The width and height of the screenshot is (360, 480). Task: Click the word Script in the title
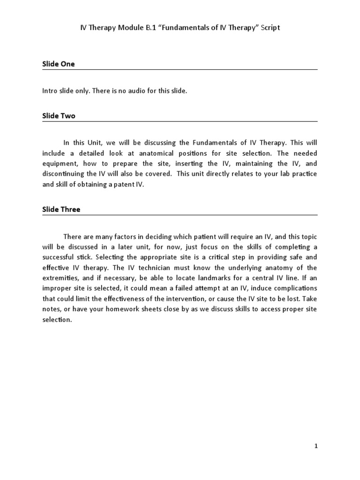pyautogui.click(x=271, y=28)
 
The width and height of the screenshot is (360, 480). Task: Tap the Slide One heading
pyautogui.click(x=59, y=64)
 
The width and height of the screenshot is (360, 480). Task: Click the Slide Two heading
pyautogui.click(x=59, y=116)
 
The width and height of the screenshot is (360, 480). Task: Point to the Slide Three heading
pyautogui.click(x=61, y=210)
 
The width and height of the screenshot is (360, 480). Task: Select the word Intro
pyautogui.click(x=51, y=91)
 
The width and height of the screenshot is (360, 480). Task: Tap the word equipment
pyautogui.click(x=58, y=164)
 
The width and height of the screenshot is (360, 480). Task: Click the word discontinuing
pyautogui.click(x=63, y=174)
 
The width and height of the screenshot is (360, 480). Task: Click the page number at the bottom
pyautogui.click(x=316, y=446)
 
